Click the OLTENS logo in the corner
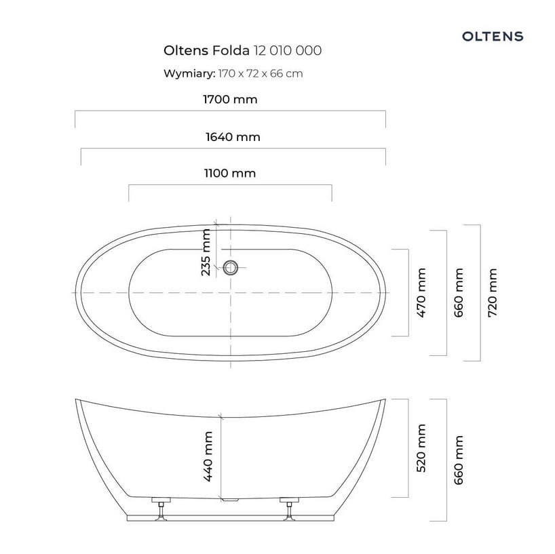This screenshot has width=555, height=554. [493, 36]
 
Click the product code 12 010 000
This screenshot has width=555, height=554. [288, 51]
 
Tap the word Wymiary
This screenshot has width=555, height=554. [189, 74]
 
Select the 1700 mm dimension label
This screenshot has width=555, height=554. [230, 100]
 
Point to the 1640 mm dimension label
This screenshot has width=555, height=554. [233, 137]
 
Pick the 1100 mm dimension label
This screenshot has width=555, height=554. [230, 174]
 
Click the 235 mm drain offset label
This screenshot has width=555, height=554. [206, 252]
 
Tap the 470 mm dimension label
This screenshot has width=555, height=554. [421, 292]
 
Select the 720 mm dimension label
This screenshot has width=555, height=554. [493, 292]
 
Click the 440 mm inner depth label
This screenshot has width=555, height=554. [208, 456]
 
